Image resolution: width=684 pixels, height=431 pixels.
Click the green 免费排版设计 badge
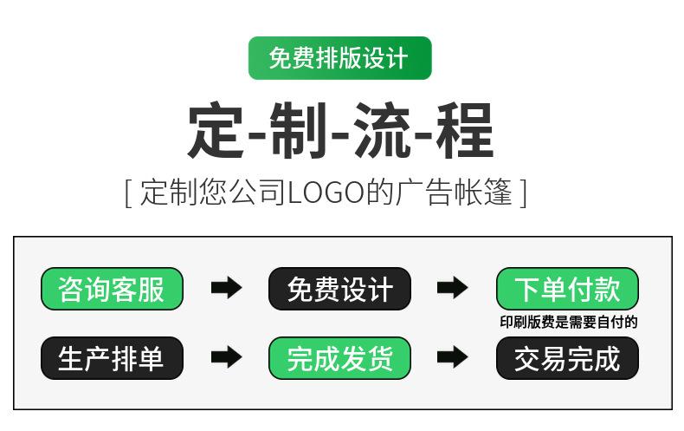(x=339, y=58)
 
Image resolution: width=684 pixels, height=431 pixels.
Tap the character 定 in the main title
(x=216, y=131)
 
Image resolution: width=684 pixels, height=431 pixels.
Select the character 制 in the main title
(x=300, y=131)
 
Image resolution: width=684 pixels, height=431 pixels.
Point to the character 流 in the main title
(x=383, y=131)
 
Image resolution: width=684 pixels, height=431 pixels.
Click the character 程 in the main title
(x=465, y=131)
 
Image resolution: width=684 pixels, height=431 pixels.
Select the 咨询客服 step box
(x=112, y=289)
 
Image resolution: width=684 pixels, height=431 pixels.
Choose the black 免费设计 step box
(x=339, y=289)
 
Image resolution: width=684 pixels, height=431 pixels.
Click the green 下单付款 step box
(x=567, y=289)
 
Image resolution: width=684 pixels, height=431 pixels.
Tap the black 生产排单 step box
(x=112, y=358)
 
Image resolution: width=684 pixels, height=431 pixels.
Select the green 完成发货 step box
(x=339, y=358)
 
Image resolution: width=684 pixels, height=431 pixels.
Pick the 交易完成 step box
(x=567, y=358)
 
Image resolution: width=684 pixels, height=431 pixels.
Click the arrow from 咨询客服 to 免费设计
(x=226, y=289)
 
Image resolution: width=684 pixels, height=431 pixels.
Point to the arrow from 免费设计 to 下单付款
(x=452, y=289)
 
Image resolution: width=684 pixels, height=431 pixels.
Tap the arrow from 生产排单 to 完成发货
(x=226, y=357)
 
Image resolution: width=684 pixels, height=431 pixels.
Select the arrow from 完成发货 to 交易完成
(x=452, y=357)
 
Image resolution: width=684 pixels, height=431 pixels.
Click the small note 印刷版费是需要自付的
(x=568, y=323)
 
